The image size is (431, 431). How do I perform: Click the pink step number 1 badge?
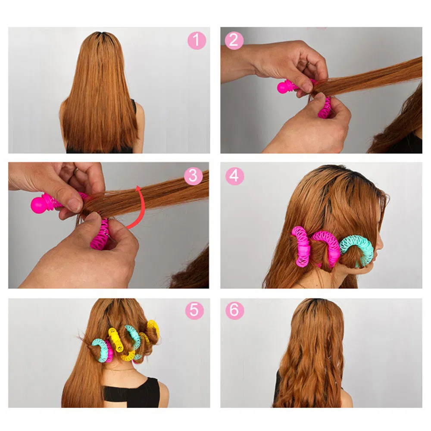coord(197,41)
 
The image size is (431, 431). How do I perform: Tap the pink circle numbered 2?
coord(234,41)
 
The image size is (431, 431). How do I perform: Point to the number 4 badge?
coord(234,176)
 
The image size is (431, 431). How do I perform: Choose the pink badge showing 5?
coord(195,310)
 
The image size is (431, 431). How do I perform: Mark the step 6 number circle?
coord(234,310)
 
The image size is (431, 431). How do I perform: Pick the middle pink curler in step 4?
coord(328,246)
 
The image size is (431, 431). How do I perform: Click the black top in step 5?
coord(129,392)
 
